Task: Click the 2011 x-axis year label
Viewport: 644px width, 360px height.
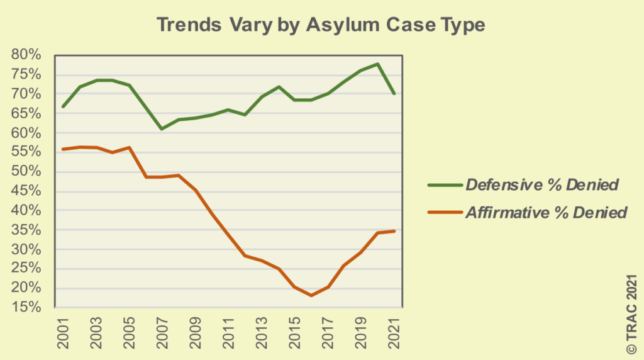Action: click(228, 332)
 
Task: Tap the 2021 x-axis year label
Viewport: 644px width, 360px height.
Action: click(394, 332)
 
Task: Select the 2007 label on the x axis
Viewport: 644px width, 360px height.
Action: click(162, 332)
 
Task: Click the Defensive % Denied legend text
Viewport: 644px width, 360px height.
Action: click(542, 184)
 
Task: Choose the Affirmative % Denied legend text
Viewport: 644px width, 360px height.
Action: click(546, 212)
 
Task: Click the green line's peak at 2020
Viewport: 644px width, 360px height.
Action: click(377, 64)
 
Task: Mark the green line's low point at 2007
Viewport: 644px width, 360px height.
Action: click(162, 129)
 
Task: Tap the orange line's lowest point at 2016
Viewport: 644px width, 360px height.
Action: click(311, 295)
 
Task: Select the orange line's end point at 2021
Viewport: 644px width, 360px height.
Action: click(394, 231)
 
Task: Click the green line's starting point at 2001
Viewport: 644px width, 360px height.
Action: click(63, 107)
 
